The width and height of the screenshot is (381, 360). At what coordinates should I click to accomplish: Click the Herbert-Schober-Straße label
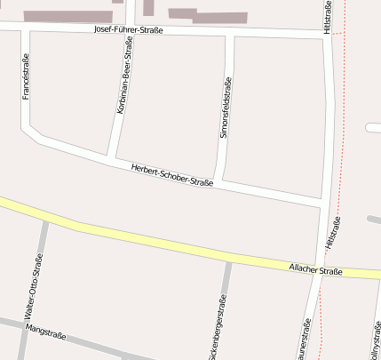[171, 176]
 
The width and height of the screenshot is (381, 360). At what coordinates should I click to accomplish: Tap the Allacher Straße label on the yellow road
[316, 268]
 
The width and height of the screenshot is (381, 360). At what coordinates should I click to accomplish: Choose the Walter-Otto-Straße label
[34, 287]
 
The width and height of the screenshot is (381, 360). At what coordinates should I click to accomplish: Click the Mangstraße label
[47, 331]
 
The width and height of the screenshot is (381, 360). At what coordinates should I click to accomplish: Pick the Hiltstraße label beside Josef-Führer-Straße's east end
[328, 18]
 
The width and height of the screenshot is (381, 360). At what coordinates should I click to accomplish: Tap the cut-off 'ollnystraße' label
[376, 343]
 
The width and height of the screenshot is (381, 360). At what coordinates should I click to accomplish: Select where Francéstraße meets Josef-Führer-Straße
[25, 30]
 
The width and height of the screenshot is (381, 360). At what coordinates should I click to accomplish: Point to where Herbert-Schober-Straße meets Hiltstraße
[321, 204]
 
